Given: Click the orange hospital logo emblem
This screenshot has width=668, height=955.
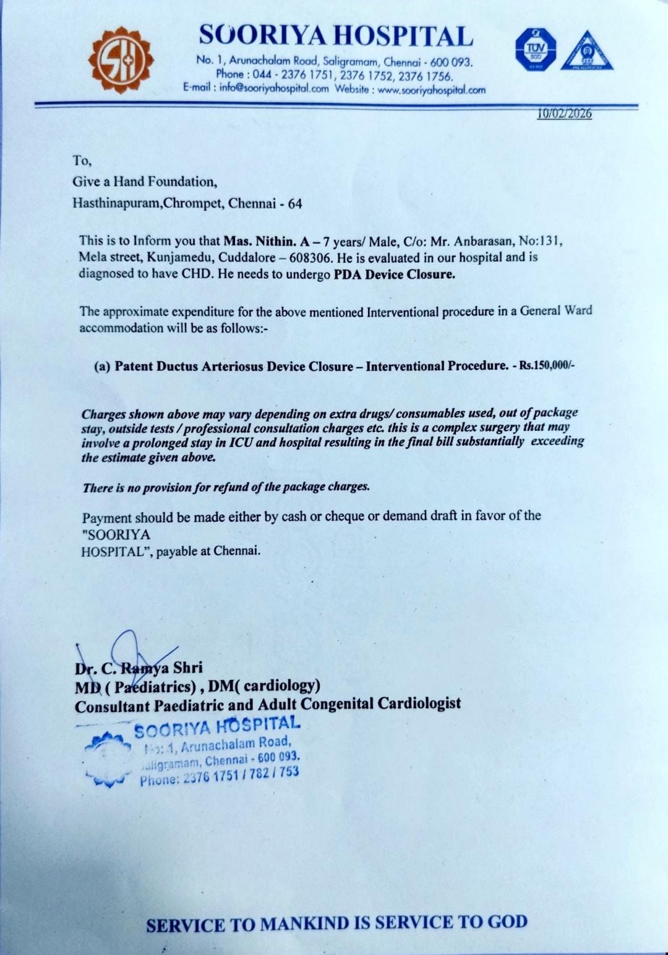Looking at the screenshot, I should click(x=120, y=61).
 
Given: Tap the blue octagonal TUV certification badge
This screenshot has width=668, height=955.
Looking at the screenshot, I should click(x=535, y=49).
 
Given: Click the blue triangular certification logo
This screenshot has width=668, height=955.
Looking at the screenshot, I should click(x=587, y=51).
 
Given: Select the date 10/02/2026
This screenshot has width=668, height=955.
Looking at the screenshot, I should click(x=564, y=114).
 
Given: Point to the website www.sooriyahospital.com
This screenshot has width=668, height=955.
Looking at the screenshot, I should click(x=431, y=90).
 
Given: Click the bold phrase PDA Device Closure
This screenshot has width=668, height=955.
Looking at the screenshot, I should click(x=394, y=274).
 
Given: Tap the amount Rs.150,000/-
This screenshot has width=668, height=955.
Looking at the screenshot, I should click(x=547, y=365).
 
